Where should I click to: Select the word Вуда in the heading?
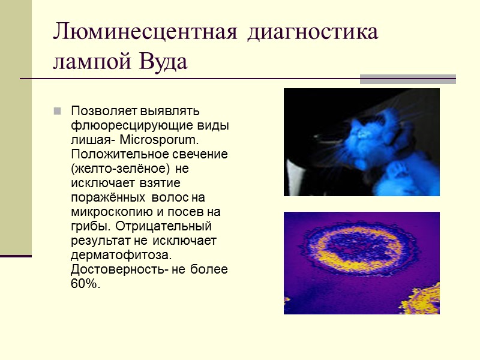tap(164, 61)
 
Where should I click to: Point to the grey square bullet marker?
tap(58, 111)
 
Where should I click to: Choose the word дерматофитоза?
tap(112, 255)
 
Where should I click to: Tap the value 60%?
tap(85, 284)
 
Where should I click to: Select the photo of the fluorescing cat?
tap(362, 142)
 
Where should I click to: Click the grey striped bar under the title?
tap(407, 79)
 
